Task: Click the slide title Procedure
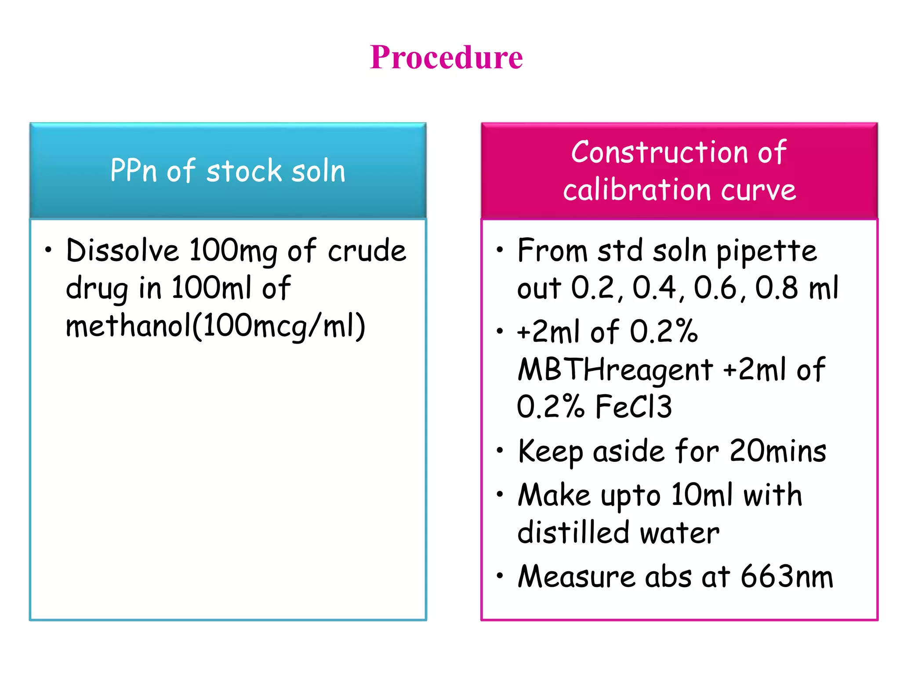coord(446,58)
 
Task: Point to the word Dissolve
coord(122,250)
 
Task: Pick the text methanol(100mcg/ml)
coord(215,326)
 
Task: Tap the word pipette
coord(766,251)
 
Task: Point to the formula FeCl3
coord(634,407)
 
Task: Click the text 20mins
coord(778,451)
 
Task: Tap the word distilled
coord(573,533)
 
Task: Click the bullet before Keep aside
coord(500,450)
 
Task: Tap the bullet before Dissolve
coord(48,250)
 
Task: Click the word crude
coord(367,250)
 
